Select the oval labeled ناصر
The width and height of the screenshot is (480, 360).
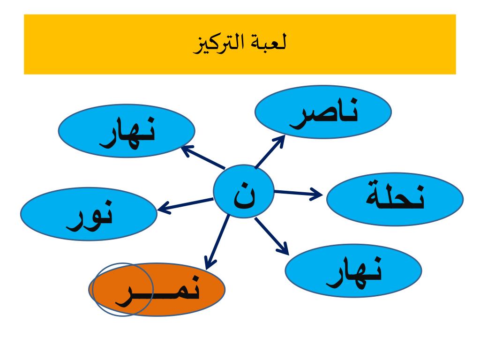tap(323, 112)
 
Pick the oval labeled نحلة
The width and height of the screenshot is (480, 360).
tap(395, 198)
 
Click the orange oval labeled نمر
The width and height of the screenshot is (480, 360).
tap(157, 289)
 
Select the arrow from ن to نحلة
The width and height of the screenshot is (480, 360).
tap(297, 192)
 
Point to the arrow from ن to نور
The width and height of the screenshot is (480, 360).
tap(185, 204)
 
